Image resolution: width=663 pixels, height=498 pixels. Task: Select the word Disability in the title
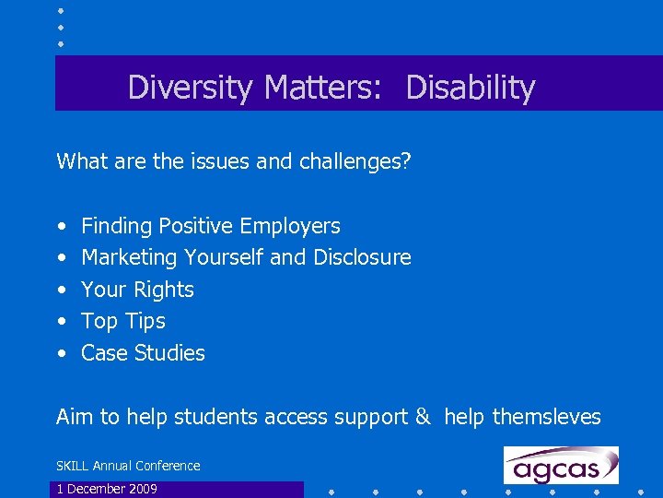470,88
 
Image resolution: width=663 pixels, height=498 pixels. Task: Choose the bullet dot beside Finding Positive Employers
61,227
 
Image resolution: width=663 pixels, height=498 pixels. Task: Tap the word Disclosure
363,257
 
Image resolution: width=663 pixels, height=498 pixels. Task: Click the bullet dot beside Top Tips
61,322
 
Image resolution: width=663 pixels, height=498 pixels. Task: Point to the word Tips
147,321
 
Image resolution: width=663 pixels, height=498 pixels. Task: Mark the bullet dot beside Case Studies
61,353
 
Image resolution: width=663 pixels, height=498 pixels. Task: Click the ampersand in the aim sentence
422,417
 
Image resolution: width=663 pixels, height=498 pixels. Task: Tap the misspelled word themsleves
546,417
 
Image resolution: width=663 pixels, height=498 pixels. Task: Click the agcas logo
561,466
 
